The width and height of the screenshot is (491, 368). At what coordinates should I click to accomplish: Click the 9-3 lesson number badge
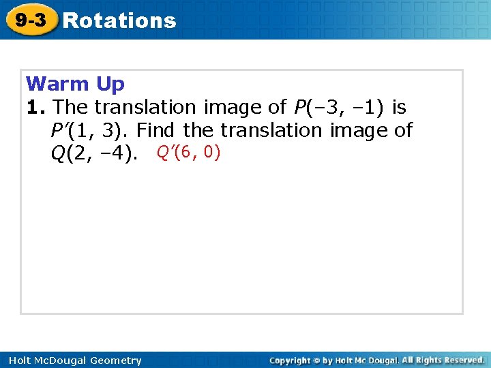(31, 20)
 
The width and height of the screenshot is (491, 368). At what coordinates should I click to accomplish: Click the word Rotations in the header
(119, 20)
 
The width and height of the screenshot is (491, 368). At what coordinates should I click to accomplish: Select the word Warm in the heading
(57, 85)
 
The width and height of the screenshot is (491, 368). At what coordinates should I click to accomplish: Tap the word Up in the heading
(110, 85)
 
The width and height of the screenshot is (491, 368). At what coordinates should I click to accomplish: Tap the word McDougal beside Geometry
(55, 361)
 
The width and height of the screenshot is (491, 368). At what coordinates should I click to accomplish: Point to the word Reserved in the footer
(460, 360)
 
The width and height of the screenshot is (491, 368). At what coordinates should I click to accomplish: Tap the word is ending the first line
(399, 107)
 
